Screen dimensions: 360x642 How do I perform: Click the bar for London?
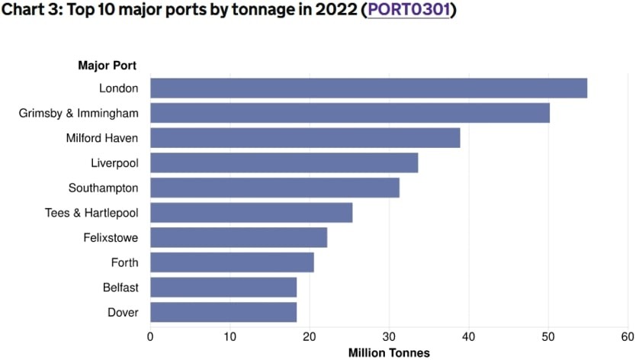coord(368,88)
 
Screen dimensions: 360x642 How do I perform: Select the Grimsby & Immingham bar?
coord(350,113)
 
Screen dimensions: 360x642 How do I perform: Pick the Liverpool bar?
coord(284,162)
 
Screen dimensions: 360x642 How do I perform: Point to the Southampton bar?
coord(274,188)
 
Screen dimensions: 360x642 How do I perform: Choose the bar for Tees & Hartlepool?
coord(251,213)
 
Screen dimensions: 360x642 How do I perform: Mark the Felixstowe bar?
coord(239,237)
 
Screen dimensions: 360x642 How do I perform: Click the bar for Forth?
coord(232,262)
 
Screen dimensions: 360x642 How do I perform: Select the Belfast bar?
coord(223,288)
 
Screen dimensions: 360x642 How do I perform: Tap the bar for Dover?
coord(223,312)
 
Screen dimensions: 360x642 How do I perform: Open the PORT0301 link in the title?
coord(409,11)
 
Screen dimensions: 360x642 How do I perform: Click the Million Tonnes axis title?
coord(389,352)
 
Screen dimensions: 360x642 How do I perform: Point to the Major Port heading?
coord(108,65)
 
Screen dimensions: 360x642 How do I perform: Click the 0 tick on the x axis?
coord(150,336)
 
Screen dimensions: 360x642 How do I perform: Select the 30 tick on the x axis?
coord(389,336)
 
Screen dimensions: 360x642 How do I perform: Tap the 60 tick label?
coord(627,336)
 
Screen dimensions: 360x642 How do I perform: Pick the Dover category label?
coord(123,312)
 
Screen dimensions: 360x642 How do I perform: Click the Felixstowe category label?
coord(111,237)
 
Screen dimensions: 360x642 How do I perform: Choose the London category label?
coord(119,88)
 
